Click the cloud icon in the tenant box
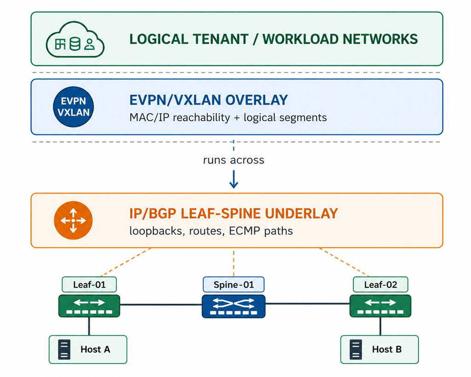[x=75, y=40]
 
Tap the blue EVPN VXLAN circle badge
[x=73, y=107]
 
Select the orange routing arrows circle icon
[x=73, y=220]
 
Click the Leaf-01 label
[x=89, y=285]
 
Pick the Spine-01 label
[x=234, y=285]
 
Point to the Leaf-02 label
[x=380, y=285]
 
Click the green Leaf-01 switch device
[x=89, y=306]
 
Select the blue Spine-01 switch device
[x=234, y=306]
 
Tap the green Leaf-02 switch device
[x=380, y=306]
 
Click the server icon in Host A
[x=64, y=349]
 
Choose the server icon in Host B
[x=356, y=349]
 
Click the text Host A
[x=95, y=349]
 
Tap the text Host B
[x=387, y=349]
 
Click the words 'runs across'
[x=234, y=160]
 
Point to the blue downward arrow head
[x=234, y=184]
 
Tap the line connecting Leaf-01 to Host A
[x=89, y=326]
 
